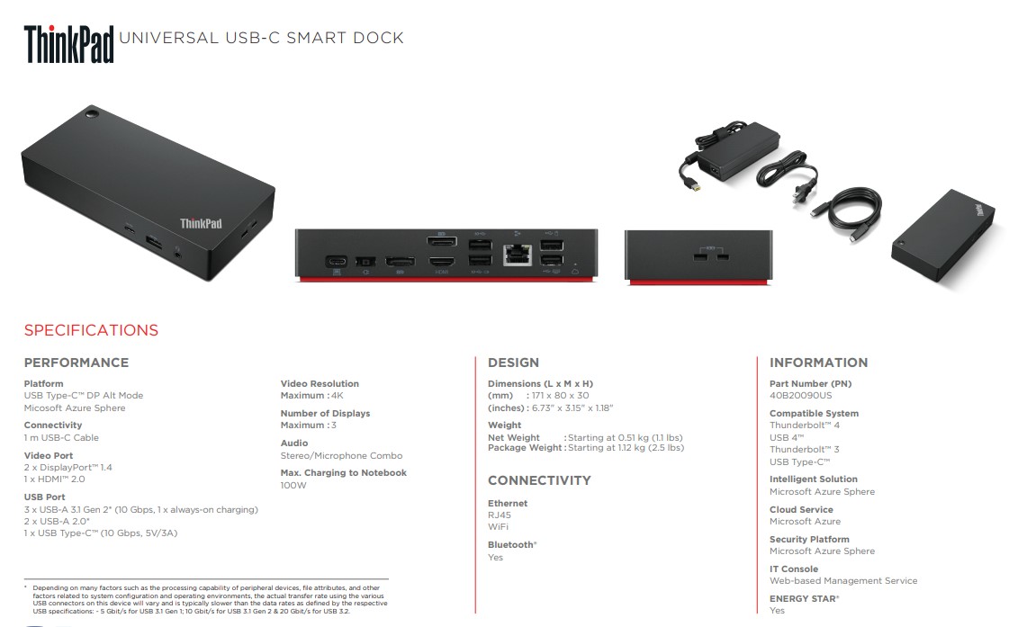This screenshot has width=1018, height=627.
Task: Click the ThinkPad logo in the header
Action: coord(68,44)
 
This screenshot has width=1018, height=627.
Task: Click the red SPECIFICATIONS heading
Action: coord(91,330)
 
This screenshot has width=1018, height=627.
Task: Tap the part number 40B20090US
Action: coord(800,395)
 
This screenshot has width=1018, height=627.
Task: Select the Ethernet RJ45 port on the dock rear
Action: coord(518,255)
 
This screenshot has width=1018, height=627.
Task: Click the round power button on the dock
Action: coord(92,115)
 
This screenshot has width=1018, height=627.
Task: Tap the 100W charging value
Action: coord(293,486)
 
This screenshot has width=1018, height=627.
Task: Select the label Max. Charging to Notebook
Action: coord(344,472)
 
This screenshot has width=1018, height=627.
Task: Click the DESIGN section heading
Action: coord(514,363)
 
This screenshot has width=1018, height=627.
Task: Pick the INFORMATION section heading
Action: coord(819,363)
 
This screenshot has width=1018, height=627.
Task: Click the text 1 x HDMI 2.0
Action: coord(55,479)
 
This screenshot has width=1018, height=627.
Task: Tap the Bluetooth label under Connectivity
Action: coord(512,544)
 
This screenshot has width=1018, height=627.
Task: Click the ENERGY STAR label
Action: coord(805,598)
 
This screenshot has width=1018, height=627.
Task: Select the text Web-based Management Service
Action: coord(843,581)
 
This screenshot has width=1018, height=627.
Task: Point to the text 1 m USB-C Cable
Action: coord(62,437)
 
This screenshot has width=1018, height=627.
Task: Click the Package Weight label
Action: coord(525,447)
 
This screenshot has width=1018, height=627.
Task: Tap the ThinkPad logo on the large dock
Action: coord(201,224)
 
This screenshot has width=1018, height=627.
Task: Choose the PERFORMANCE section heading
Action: coord(77,363)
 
